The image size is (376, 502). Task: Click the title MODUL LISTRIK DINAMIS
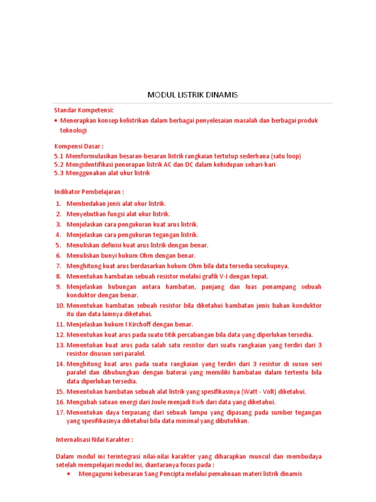tap(192, 95)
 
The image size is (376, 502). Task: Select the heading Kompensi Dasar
tap(78, 146)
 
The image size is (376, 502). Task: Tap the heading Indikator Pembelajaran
tap(89, 191)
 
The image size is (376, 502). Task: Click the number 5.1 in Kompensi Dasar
tap(59, 156)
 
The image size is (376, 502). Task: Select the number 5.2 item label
tap(59, 164)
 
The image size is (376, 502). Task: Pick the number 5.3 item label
tap(59, 173)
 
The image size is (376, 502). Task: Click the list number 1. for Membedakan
tap(58, 203)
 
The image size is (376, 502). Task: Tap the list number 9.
tap(58, 287)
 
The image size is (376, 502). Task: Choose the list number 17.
tap(60, 412)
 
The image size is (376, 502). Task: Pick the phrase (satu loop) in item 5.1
tap(285, 156)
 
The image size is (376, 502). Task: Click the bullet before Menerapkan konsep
tap(56, 121)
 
